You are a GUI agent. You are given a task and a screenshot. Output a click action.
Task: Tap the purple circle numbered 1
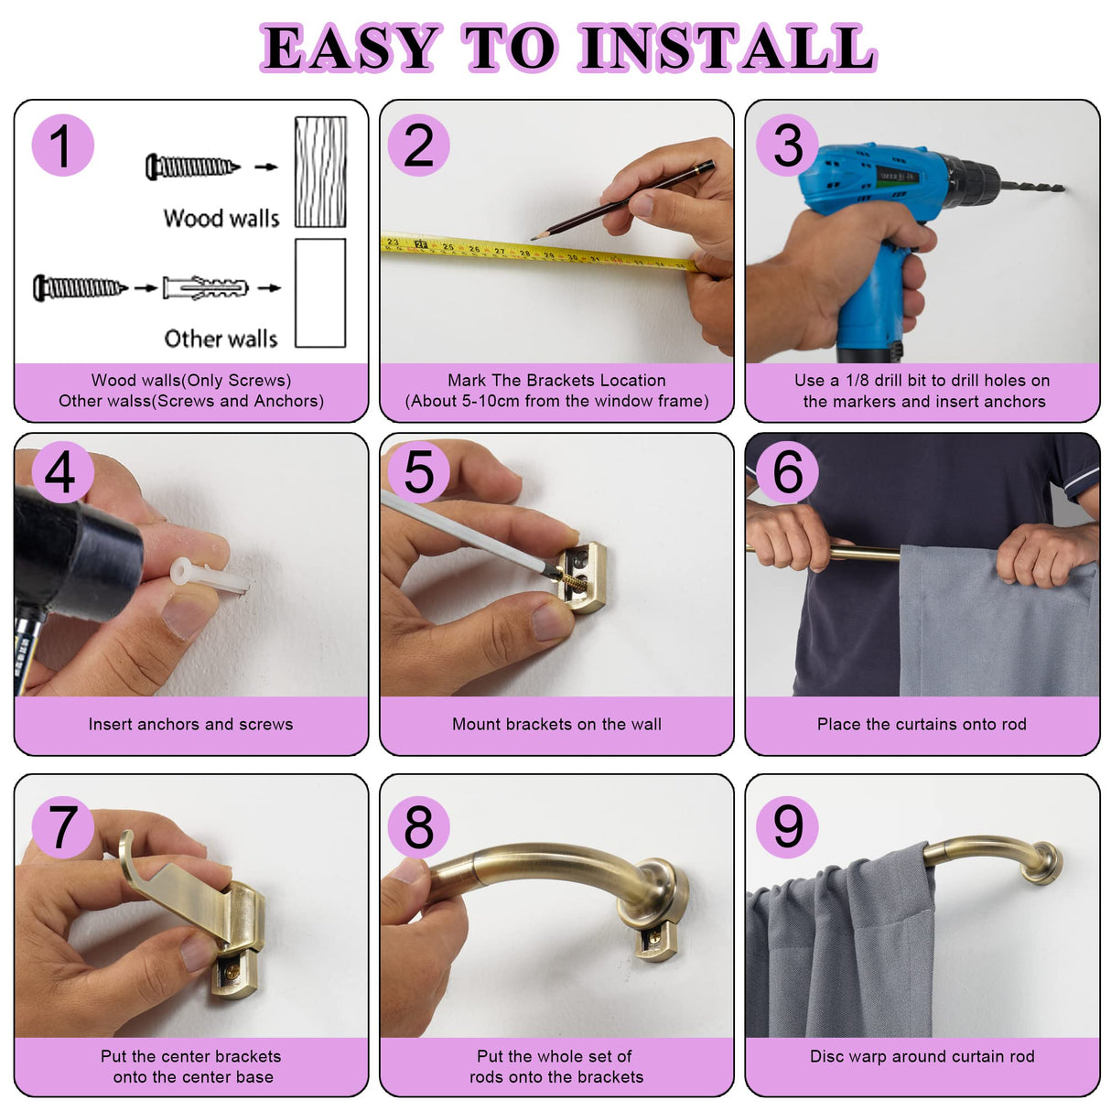tap(62, 145)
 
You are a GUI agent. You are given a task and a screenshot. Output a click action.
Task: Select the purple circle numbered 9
tap(787, 826)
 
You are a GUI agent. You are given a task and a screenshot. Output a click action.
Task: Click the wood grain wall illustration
tap(320, 172)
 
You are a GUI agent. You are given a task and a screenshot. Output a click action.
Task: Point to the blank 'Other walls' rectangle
tap(320, 293)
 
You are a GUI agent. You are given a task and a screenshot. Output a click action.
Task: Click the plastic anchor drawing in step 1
tap(205, 287)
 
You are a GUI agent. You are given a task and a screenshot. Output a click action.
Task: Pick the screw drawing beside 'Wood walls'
tap(192, 167)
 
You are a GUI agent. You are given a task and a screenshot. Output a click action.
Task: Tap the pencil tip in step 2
tap(534, 238)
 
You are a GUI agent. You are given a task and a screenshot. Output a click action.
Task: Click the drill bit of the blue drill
tap(1032, 187)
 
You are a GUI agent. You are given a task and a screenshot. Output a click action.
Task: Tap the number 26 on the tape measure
tap(474, 249)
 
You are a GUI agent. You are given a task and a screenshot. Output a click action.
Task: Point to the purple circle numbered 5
tap(418, 472)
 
